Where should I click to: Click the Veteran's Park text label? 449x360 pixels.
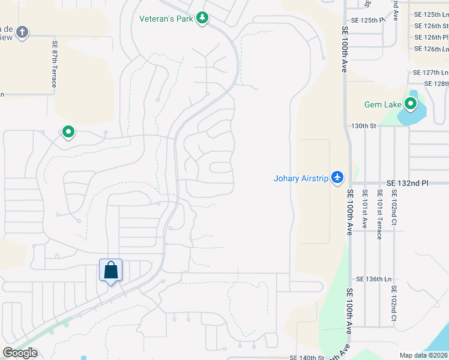[x=166, y=19]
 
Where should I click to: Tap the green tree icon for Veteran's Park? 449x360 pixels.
[x=203, y=19]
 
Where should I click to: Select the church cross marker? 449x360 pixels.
[x=22, y=32]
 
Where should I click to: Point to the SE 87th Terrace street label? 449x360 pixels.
[x=54, y=64]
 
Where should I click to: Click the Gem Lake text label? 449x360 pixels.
[x=382, y=104]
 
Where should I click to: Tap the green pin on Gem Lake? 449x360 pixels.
[x=411, y=104]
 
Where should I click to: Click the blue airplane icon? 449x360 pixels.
[x=337, y=178]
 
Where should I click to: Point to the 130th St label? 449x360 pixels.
[x=363, y=126]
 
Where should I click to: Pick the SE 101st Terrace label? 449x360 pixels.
[x=379, y=214]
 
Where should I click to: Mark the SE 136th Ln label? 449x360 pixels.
[x=373, y=279]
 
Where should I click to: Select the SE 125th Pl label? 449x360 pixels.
[x=368, y=20]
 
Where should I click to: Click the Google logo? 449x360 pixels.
[x=20, y=353]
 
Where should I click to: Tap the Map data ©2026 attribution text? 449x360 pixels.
[x=423, y=355]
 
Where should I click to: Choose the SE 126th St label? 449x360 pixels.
[x=431, y=26]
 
